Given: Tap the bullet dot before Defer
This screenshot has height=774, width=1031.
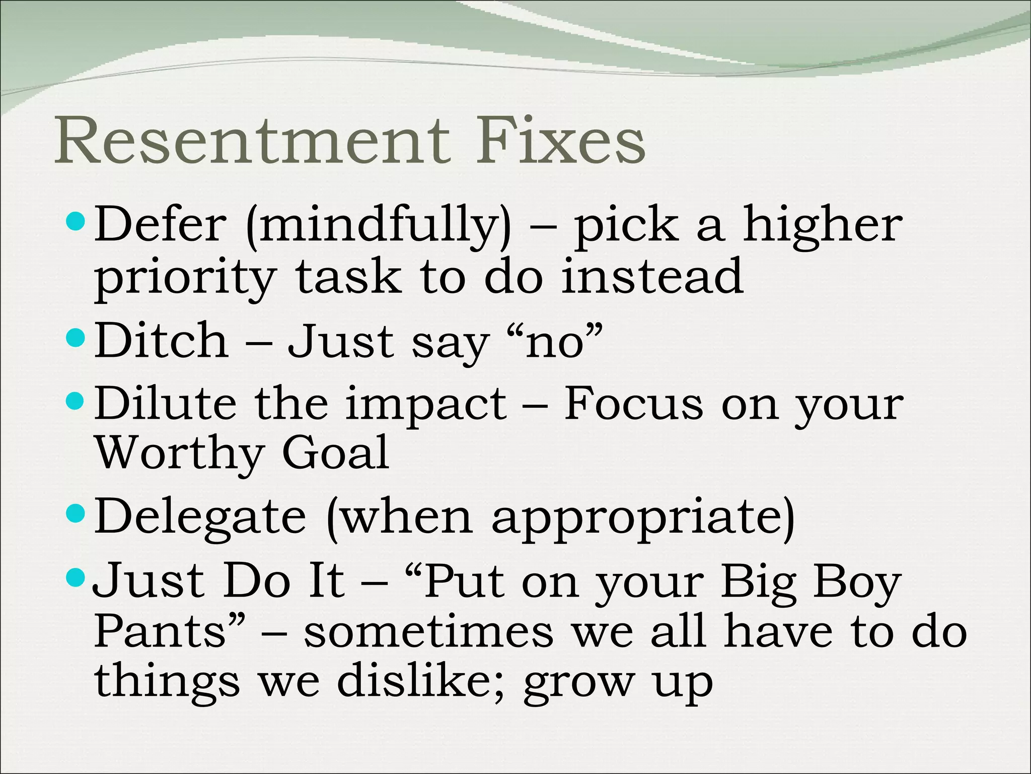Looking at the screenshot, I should [76, 221].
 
